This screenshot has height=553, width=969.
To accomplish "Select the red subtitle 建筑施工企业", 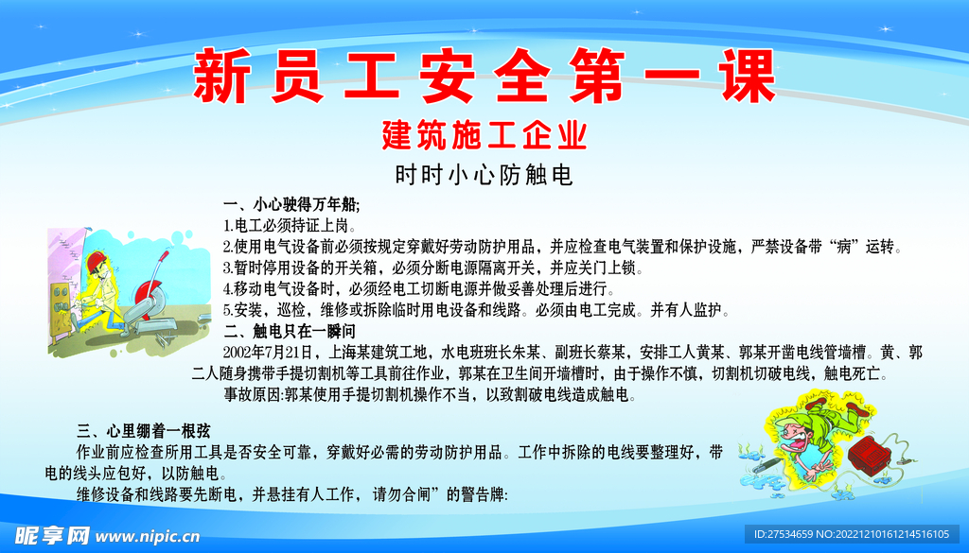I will [x=484, y=135].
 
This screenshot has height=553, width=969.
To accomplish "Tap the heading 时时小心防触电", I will [x=484, y=175].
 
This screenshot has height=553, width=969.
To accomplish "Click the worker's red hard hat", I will [x=94, y=262].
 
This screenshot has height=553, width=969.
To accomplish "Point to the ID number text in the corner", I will [x=857, y=535].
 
